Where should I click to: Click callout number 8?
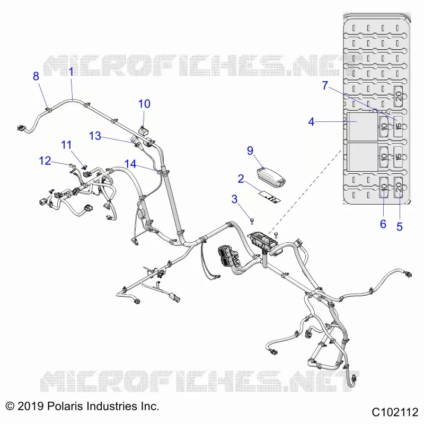tap(36, 76)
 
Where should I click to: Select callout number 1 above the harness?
tap(71, 72)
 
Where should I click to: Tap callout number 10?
tap(144, 104)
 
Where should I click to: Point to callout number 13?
tap(95, 136)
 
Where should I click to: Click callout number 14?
tap(130, 164)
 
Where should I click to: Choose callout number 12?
tap(45, 161)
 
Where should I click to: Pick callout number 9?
tap(250, 151)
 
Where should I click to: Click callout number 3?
tap(234, 199)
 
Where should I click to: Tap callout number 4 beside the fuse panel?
tap(311, 122)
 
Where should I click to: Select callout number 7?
tap(325, 85)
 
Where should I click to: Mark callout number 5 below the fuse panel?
tap(400, 227)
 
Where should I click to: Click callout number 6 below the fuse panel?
tap(383, 224)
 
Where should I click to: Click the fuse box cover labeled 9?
tap(270, 178)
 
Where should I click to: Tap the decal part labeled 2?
tap(270, 197)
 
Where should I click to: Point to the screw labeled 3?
tap(252, 221)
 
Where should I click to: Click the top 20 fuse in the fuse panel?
tap(399, 96)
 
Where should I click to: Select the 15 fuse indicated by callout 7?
tap(398, 126)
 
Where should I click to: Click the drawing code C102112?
tap(395, 412)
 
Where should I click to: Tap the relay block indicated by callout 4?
tap(363, 127)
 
